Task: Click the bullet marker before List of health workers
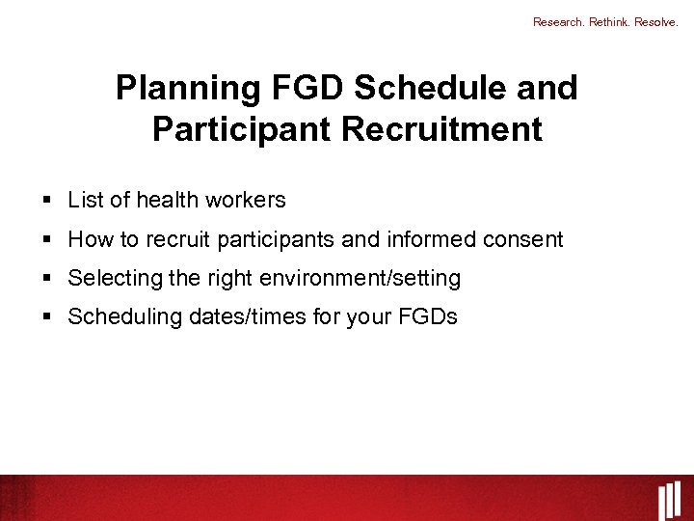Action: [x=46, y=201]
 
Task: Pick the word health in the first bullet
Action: [x=167, y=201]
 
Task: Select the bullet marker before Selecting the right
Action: [x=46, y=279]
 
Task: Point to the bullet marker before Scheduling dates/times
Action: [x=46, y=317]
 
